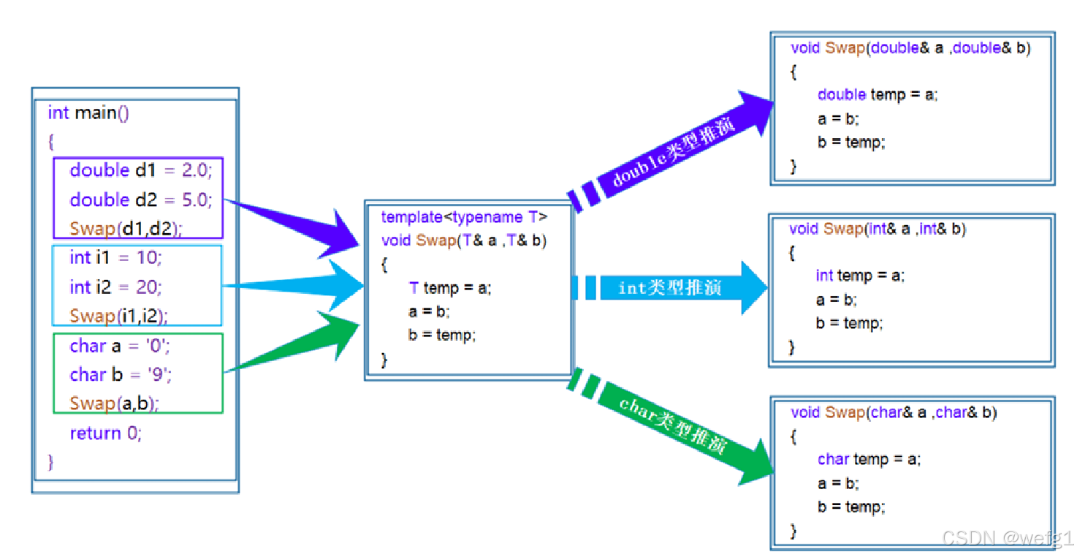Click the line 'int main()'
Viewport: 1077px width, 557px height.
(88, 113)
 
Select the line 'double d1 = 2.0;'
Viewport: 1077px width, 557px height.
(140, 170)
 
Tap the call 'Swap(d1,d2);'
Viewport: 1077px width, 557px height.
(126, 228)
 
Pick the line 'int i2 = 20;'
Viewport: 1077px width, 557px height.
(115, 287)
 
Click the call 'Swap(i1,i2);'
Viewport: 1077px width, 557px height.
(118, 316)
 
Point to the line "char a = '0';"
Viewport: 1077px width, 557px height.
(120, 345)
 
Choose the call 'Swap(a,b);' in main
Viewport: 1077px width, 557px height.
(114, 403)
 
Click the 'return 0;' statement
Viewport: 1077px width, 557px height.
(106, 433)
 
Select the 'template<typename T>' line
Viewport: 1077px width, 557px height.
(464, 217)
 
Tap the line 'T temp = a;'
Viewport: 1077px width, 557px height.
(450, 288)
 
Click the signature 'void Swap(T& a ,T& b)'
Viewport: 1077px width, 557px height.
(464, 240)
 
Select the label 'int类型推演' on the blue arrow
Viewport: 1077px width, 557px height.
(669, 288)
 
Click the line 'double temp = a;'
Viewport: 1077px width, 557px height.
(877, 94)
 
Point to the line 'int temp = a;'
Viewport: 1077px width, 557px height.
(859, 276)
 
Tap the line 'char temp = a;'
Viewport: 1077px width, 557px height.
(869, 459)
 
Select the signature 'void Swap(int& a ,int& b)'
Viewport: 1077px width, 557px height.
(877, 229)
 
